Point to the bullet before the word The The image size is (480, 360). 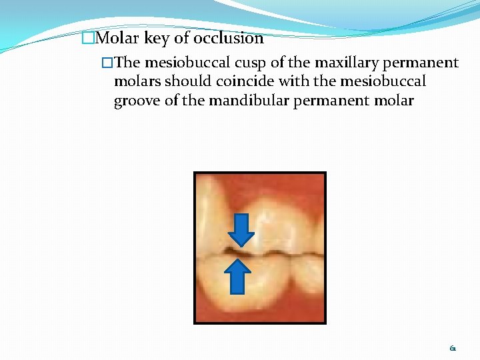(107, 63)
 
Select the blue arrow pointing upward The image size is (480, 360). (237, 276)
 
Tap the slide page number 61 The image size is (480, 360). (453, 348)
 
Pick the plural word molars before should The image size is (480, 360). (138, 81)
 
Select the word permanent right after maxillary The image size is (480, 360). (420, 63)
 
